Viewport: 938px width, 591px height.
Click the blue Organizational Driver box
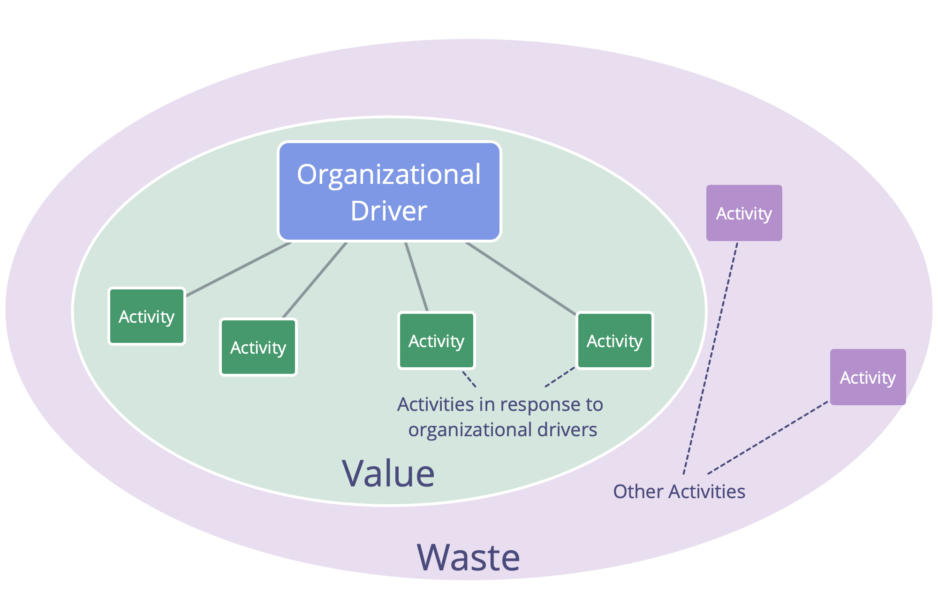point(389,191)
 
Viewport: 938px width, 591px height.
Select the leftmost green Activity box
point(147,316)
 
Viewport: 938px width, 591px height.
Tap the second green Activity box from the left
point(258,347)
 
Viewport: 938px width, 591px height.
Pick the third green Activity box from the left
point(437,341)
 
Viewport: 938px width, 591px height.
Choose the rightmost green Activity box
point(615,341)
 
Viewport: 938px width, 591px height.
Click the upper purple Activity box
point(744,213)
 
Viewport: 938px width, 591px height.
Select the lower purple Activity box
point(868,377)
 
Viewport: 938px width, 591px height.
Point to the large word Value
point(388,473)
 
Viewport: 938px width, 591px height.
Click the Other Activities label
point(679,492)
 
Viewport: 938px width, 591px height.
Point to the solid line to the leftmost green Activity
point(238,269)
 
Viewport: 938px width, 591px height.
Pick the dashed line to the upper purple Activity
point(711,358)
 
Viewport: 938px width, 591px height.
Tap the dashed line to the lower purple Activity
point(768,438)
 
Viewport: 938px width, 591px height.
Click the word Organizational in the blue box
point(389,175)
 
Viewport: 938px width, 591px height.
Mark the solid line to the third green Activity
point(416,277)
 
